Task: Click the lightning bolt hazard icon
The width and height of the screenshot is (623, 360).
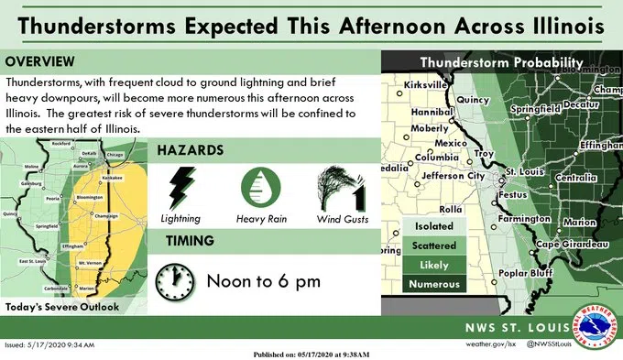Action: (180, 189)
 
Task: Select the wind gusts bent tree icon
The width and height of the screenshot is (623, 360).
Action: (341, 191)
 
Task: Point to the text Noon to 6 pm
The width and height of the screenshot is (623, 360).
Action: (263, 280)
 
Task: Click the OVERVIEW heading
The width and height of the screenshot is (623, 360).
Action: (42, 61)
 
